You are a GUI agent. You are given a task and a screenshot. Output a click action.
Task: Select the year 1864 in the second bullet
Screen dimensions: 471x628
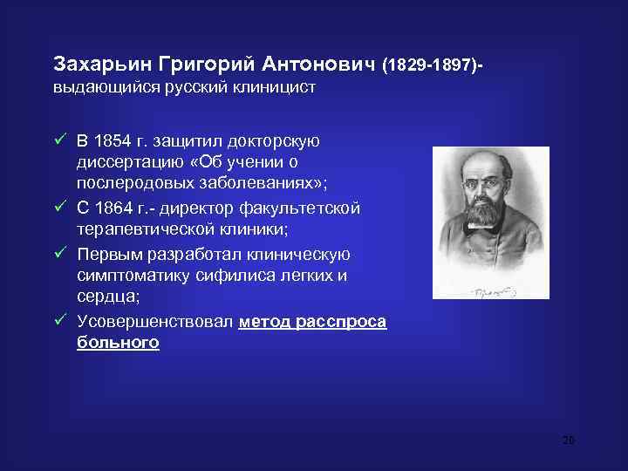click(x=113, y=208)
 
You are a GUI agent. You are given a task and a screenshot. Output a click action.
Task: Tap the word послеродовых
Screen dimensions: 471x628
click(x=131, y=186)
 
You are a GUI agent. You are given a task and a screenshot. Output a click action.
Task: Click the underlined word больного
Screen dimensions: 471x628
click(x=118, y=343)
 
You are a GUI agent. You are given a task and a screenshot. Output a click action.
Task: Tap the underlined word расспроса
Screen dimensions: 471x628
click(x=339, y=322)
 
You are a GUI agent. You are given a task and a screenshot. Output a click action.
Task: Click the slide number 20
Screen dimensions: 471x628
click(x=568, y=440)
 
